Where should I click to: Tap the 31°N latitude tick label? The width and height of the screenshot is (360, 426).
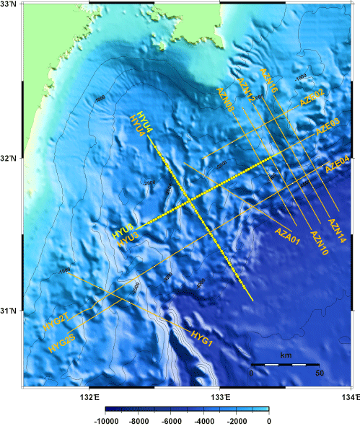pyautogui.click(x=9, y=311)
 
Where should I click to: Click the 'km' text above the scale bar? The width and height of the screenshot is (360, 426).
pyautogui.click(x=286, y=356)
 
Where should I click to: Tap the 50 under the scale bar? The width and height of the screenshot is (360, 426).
pyautogui.click(x=319, y=373)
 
